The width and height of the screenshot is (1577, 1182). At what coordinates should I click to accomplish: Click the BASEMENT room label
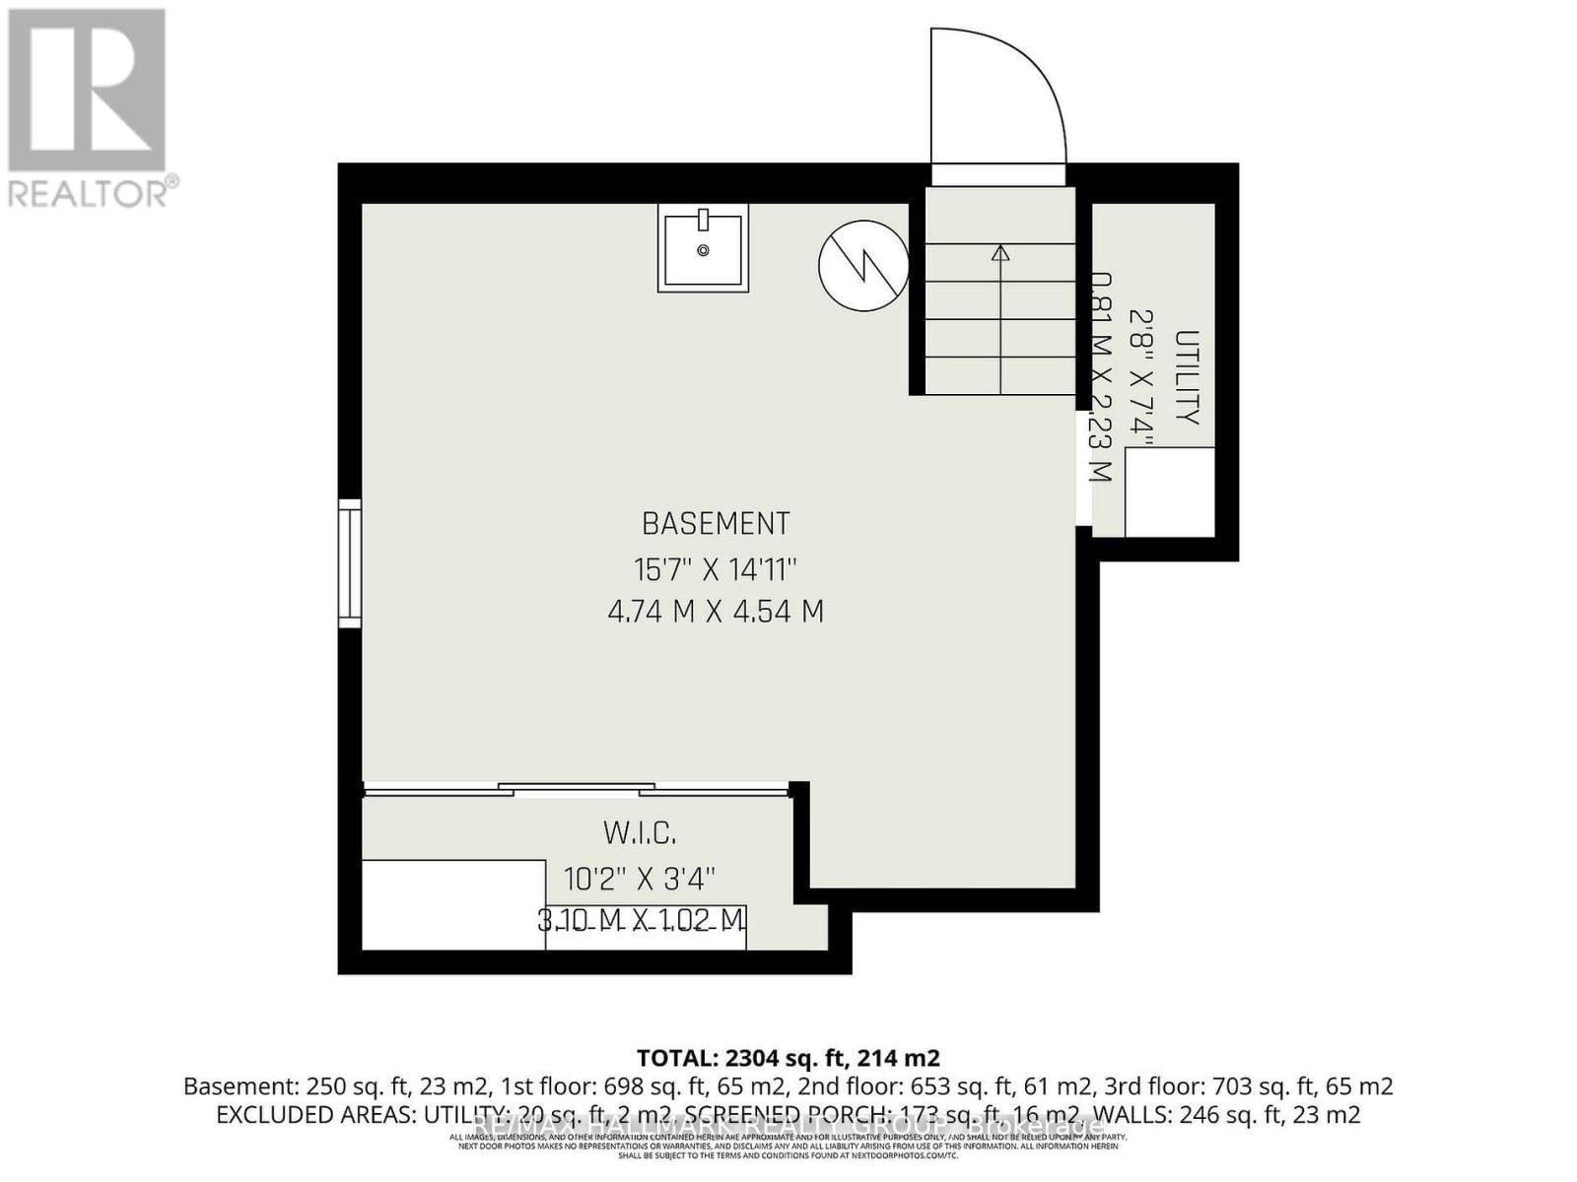pos(716,523)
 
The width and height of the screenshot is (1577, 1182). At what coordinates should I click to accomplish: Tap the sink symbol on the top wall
pos(703,250)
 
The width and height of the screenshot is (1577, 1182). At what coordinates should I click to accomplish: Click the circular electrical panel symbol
pos(863,265)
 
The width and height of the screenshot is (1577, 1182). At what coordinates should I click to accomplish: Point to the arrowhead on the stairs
pos(1000,253)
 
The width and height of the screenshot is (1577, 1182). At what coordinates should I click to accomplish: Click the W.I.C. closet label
pos(640,834)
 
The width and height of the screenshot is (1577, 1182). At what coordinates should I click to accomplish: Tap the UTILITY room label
pos(1188,378)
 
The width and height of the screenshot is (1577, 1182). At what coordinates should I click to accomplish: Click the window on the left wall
pos(350,563)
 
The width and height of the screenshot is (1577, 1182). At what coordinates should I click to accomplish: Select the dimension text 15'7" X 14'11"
pos(716,569)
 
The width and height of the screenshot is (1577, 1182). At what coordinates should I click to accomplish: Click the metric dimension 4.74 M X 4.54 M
pos(716,612)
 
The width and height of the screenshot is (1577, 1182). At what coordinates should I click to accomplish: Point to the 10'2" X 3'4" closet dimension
pos(640,877)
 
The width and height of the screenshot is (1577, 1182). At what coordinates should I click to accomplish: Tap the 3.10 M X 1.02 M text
pos(642,920)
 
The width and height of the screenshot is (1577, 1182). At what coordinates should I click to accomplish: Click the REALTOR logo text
pos(94,191)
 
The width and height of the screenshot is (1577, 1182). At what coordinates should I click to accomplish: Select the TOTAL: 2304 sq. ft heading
pos(788,1058)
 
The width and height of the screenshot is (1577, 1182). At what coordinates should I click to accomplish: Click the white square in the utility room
pos(1169,492)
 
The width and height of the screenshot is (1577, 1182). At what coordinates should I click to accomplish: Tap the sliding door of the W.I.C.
pos(577,788)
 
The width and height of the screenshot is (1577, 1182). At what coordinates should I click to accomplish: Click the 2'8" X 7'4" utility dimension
pos(1143,378)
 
